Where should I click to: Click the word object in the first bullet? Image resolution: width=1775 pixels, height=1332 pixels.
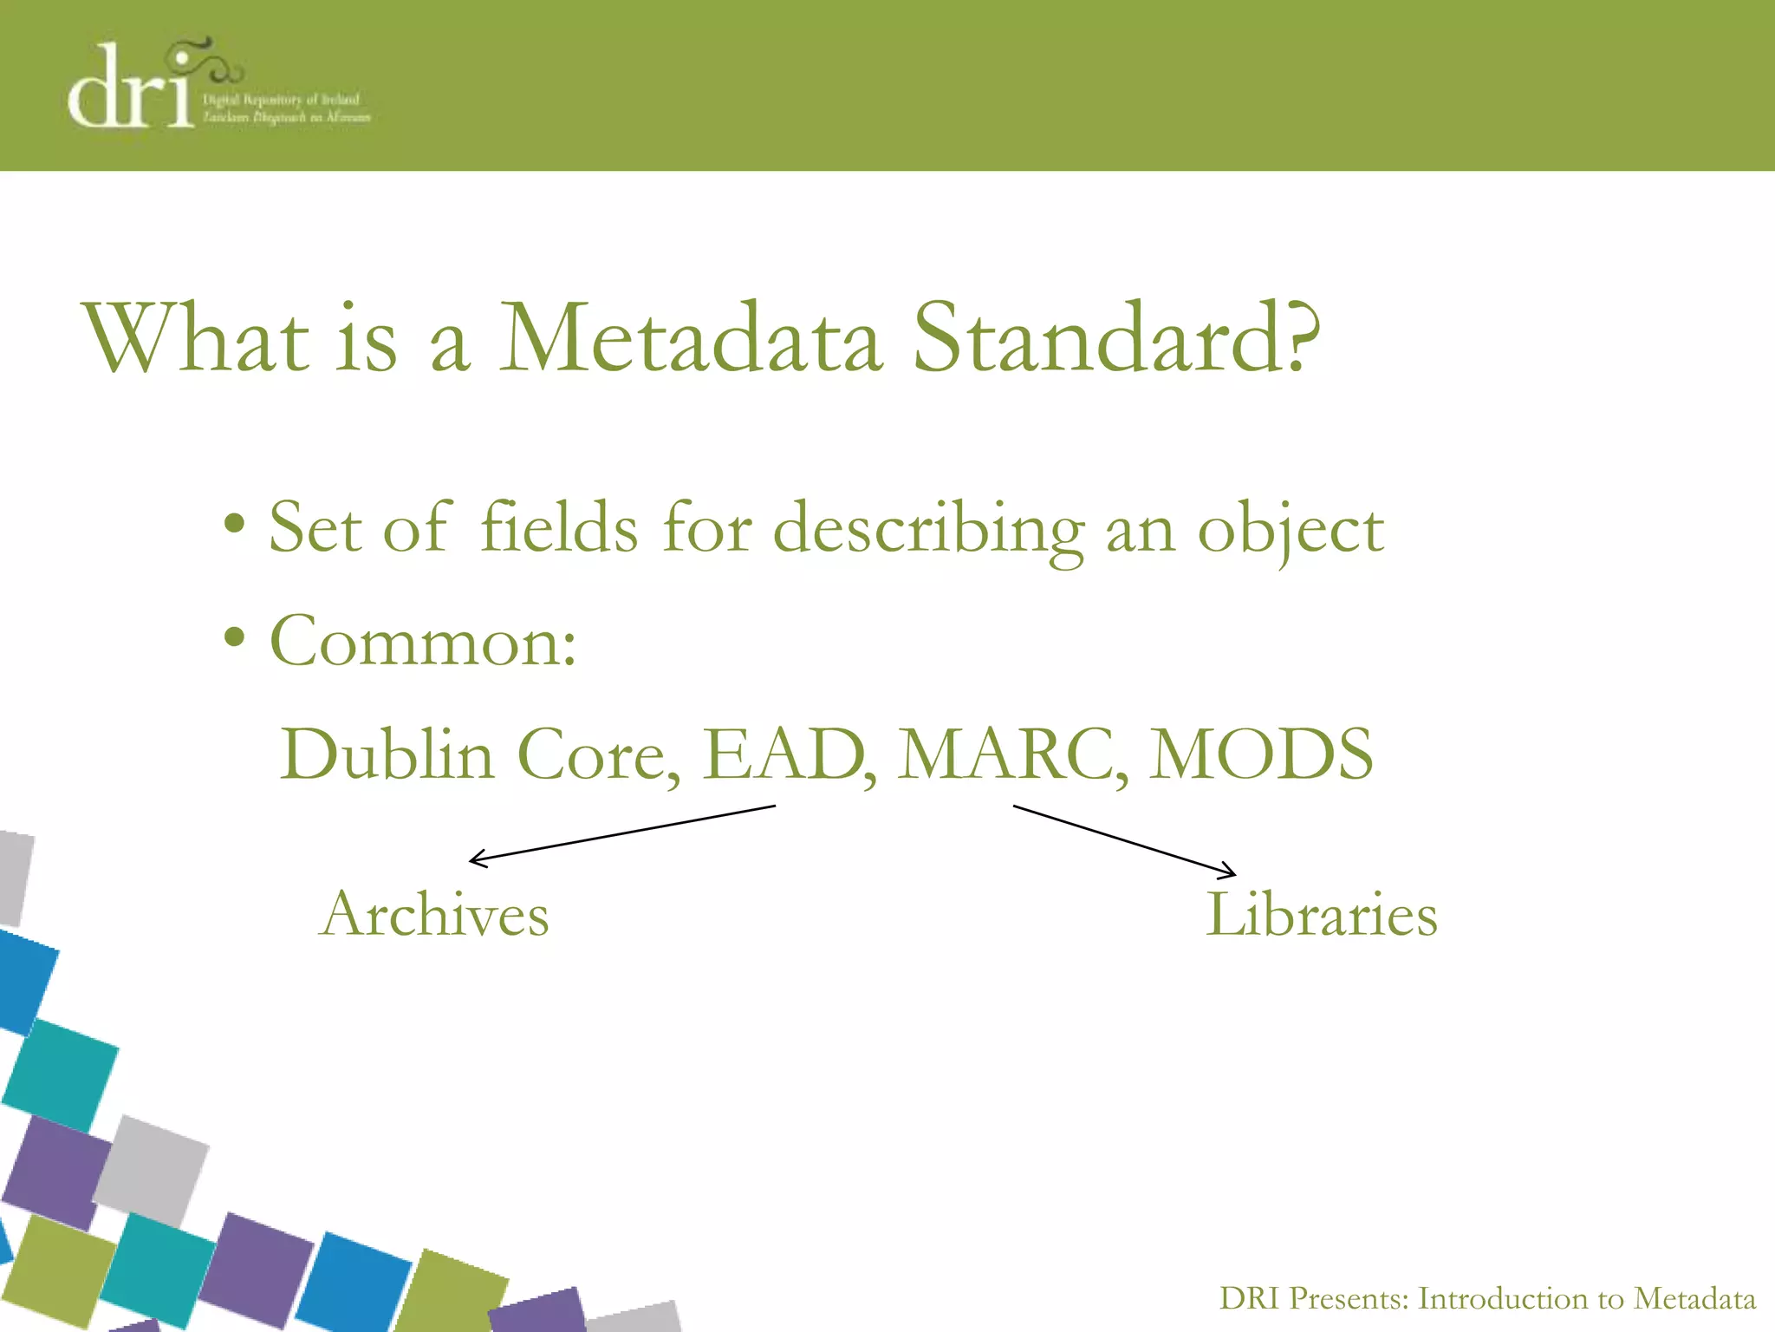pos(1291,531)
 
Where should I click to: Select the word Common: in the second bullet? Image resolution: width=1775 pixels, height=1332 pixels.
pos(423,642)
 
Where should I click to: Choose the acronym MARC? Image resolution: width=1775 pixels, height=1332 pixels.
pos(1011,754)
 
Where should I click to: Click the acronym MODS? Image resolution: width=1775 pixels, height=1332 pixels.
pos(1261,754)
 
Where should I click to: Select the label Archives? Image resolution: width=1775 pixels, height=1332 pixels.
pos(434,915)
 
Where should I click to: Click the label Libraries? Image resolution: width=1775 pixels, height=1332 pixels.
pos(1322,915)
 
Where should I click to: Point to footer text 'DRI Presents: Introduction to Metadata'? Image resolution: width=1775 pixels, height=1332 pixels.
pos(1487,1299)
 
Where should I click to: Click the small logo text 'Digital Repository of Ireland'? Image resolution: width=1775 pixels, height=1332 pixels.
pos(281,100)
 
